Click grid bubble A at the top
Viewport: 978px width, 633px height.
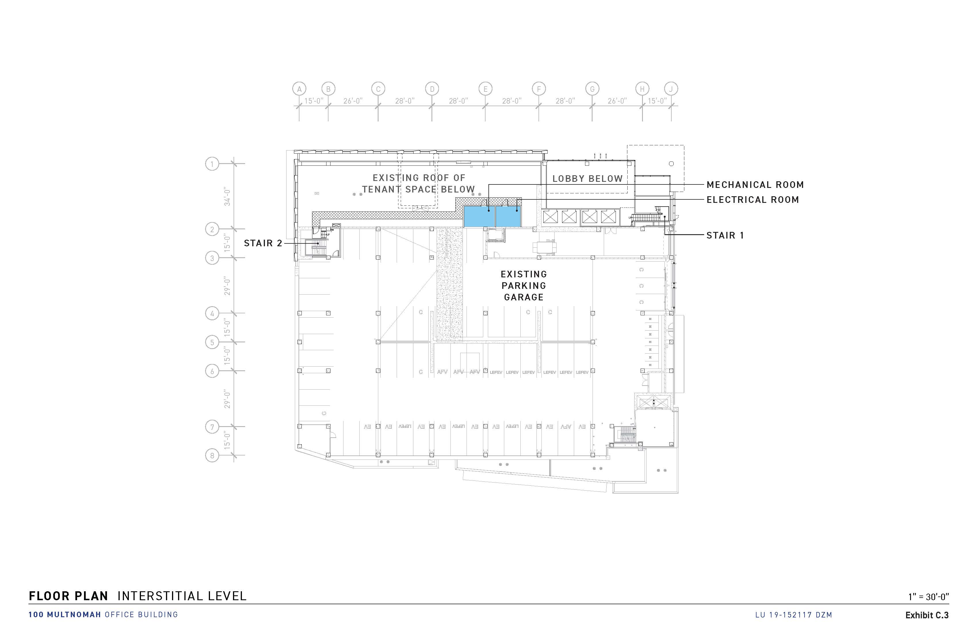coord(299,89)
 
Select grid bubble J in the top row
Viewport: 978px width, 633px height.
coord(671,89)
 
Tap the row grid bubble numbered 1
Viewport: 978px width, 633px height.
coord(212,164)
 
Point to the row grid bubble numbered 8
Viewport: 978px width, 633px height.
coord(212,455)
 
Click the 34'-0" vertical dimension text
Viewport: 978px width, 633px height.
coord(227,197)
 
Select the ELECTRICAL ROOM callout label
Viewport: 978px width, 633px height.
coord(752,200)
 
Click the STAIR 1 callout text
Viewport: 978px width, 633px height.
coord(725,236)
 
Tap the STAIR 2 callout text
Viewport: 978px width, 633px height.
coord(263,243)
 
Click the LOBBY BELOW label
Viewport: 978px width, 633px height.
coord(587,179)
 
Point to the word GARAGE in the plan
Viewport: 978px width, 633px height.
coord(524,297)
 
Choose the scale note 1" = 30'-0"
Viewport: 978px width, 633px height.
coord(928,596)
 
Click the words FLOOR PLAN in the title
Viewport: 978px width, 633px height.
coord(68,596)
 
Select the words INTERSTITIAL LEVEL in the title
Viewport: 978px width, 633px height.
coord(182,596)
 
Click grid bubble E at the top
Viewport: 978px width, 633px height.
coord(485,89)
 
